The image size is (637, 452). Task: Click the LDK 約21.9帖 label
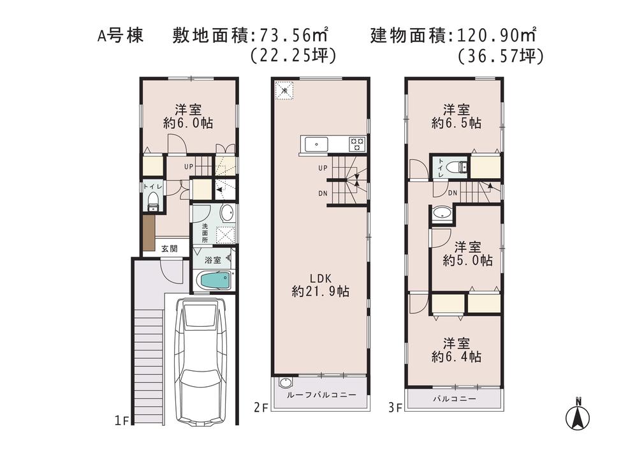click(320, 285)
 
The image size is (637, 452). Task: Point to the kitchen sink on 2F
click(317, 144)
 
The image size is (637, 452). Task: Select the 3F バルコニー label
click(455, 398)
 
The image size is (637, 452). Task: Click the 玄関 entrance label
click(169, 248)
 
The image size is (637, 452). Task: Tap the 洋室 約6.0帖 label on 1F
click(187, 116)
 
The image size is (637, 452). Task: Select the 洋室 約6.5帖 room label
click(456, 116)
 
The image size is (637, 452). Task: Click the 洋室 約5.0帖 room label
click(469, 253)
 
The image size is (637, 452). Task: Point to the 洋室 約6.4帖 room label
click(456, 349)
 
